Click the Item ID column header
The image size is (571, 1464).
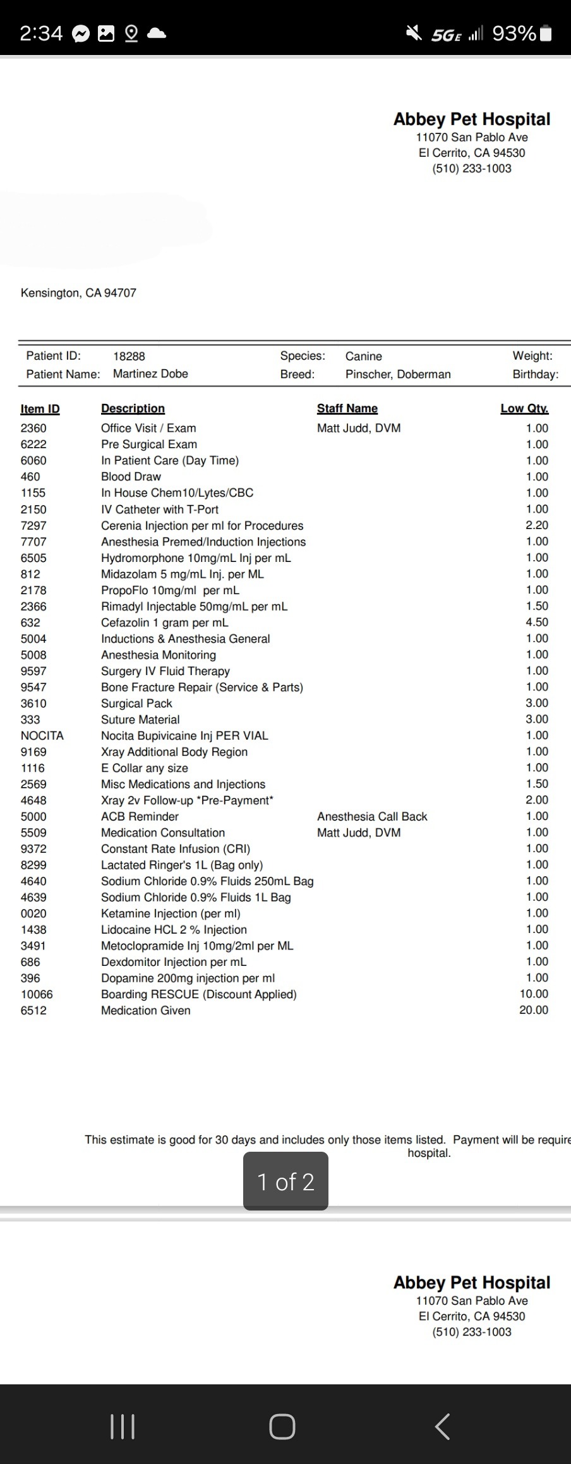click(40, 408)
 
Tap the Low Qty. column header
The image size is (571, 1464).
click(524, 408)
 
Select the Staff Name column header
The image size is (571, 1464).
click(347, 408)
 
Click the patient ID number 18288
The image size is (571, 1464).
click(129, 356)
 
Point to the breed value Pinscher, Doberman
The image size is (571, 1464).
click(398, 374)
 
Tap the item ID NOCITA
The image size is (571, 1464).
click(42, 736)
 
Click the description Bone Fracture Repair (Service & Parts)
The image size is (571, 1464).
click(201, 687)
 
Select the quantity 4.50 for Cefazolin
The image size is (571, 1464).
click(537, 622)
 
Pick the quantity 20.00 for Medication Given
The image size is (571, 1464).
click(534, 1010)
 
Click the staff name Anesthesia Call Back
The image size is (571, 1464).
click(372, 816)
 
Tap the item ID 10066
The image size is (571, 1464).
click(37, 994)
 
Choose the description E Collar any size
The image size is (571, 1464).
click(144, 768)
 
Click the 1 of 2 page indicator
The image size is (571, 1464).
click(285, 1181)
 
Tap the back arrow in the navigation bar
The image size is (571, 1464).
click(442, 1427)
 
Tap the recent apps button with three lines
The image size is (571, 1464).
click(123, 1427)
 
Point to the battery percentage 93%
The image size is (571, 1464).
click(514, 33)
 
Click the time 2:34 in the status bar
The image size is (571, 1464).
click(41, 33)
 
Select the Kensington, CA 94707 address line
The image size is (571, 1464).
click(78, 293)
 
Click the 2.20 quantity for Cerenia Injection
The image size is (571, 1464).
click(537, 525)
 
